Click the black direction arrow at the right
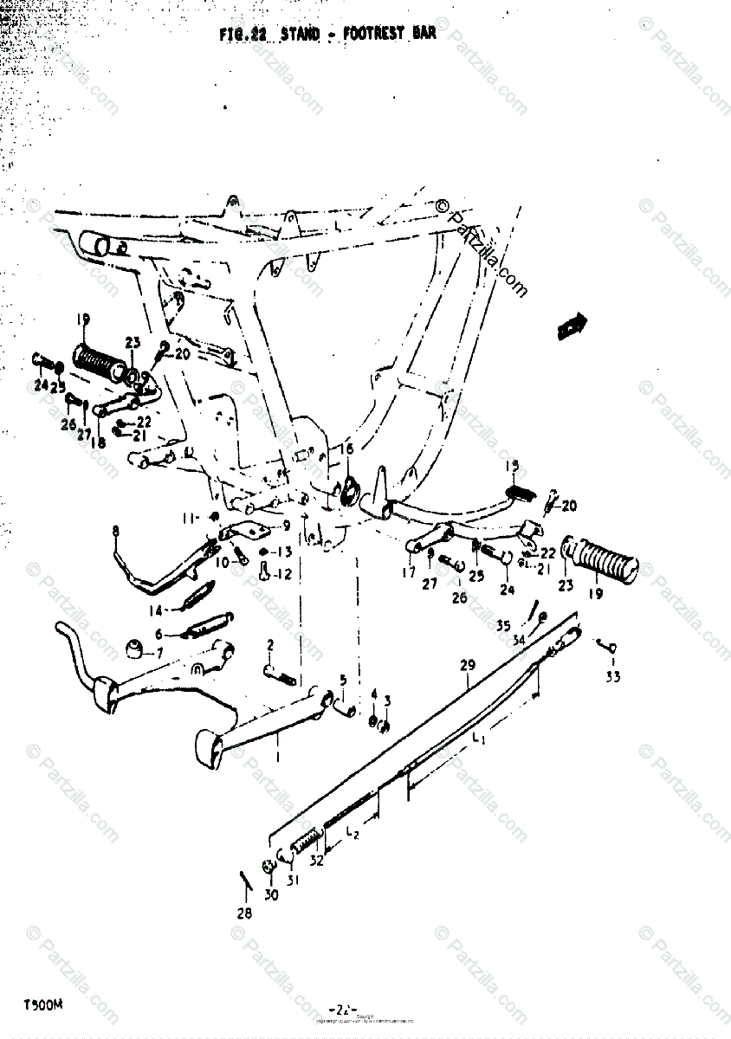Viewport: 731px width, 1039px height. click(x=572, y=326)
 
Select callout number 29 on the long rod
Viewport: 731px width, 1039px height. click(x=468, y=665)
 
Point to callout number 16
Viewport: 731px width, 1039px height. click(x=346, y=449)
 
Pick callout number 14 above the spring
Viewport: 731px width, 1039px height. click(x=156, y=609)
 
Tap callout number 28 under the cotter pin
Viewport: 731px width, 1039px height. click(x=244, y=913)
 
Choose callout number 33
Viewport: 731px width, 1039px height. click(x=612, y=677)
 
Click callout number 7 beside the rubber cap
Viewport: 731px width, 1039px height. click(x=158, y=651)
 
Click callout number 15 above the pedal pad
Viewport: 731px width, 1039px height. click(x=511, y=467)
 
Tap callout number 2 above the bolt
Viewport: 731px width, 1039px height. click(x=270, y=644)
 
